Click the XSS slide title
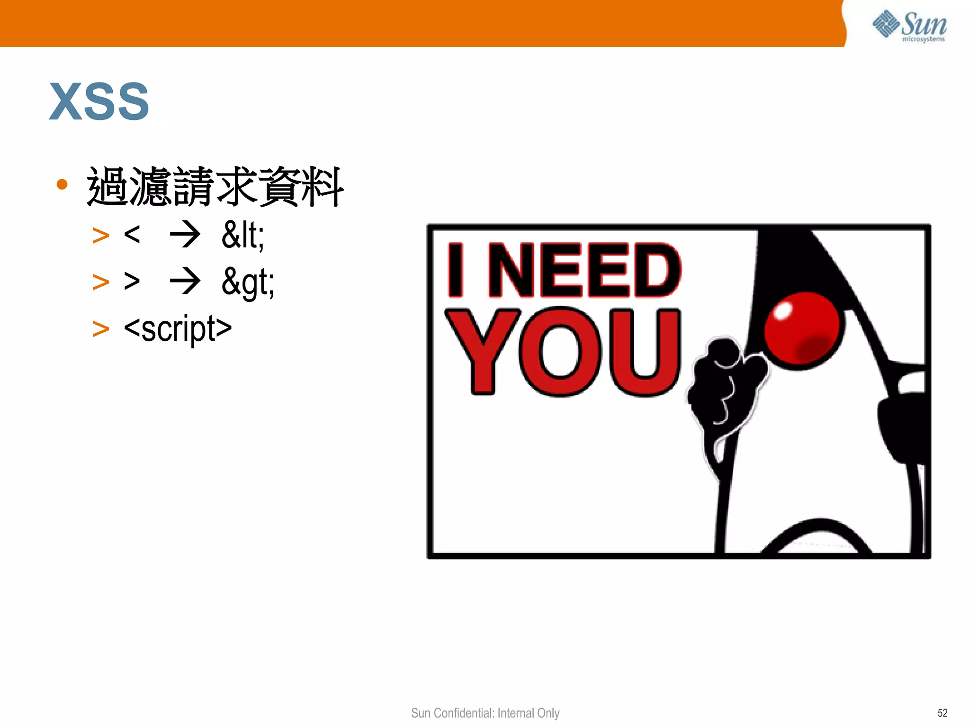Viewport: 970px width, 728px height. click(99, 101)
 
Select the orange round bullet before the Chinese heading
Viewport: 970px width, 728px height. click(62, 184)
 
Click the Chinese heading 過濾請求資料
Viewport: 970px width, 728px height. click(215, 187)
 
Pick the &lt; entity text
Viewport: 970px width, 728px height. click(243, 235)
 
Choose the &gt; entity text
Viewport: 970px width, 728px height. click(248, 282)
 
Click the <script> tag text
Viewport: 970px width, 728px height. click(178, 328)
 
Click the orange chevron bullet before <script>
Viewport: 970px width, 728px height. click(100, 329)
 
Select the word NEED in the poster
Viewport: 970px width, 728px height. click(584, 270)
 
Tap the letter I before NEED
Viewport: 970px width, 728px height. click(456, 270)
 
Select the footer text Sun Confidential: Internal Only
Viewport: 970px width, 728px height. click(485, 713)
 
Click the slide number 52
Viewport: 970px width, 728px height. click(942, 713)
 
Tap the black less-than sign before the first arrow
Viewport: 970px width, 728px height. click(132, 234)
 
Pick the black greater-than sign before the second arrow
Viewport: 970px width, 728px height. click(132, 281)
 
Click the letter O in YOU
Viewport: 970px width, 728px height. click(561, 352)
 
